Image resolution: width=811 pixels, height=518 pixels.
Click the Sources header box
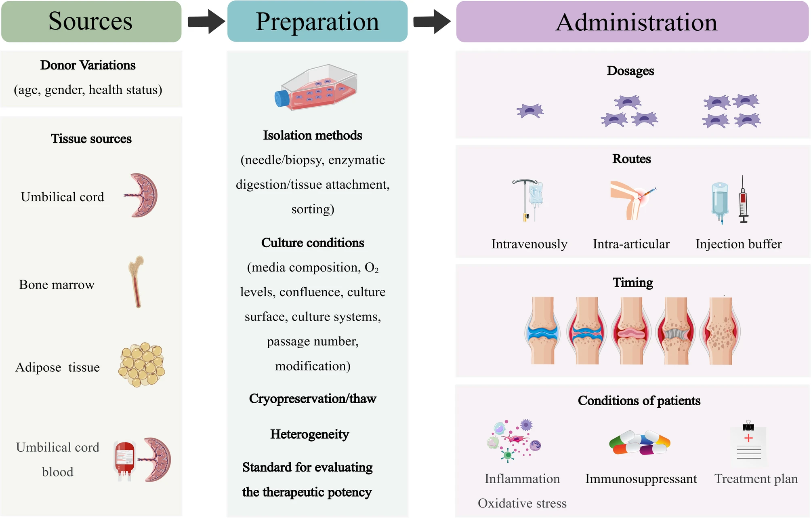91,21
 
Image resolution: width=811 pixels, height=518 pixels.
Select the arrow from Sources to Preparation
206,21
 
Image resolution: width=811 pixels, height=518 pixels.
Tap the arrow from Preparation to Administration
431,21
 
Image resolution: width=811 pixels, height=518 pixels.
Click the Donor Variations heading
88,65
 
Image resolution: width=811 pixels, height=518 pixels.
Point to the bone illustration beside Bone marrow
137,282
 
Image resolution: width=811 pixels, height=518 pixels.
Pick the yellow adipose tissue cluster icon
142,365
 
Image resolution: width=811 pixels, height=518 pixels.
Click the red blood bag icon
124,460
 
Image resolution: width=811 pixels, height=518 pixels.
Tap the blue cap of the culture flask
282,98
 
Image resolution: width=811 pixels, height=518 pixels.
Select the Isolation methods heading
313,135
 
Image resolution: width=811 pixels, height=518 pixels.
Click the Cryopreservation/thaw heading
313,399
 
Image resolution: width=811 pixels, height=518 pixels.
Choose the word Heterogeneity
310,434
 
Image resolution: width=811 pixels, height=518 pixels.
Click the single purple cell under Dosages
530,111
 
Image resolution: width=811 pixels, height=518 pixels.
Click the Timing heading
632,282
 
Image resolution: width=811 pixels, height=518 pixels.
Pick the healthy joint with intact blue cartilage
542,331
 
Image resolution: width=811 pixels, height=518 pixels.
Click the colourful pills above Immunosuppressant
640,443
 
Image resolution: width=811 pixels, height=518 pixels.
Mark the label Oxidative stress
522,503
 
